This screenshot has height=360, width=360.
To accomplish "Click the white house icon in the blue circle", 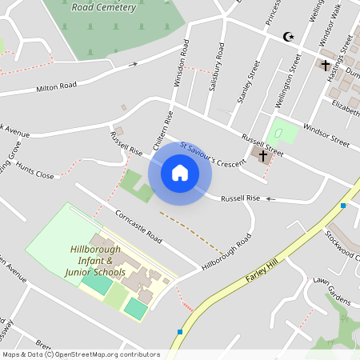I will tap(180, 172).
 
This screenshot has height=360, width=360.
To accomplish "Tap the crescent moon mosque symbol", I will tap(289, 37).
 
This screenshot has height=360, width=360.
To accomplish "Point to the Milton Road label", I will tap(56, 86).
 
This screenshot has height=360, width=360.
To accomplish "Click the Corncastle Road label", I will tap(138, 228).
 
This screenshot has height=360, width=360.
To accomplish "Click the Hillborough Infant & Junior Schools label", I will tap(98, 262).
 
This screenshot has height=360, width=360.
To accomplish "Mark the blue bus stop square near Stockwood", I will tap(343, 206).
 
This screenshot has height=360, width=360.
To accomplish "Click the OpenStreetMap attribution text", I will tap(81, 354).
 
